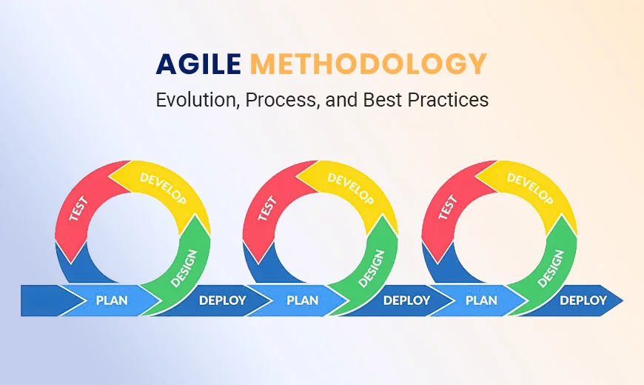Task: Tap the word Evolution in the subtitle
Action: (192, 100)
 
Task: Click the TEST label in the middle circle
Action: (265, 210)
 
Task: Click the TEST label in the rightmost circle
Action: (444, 210)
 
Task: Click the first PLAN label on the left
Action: (112, 301)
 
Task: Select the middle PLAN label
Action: (302, 301)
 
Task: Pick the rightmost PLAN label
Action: (482, 301)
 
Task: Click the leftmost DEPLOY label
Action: (223, 301)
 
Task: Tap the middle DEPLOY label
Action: (406, 301)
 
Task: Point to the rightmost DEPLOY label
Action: (583, 301)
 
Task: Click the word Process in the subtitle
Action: (282, 100)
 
